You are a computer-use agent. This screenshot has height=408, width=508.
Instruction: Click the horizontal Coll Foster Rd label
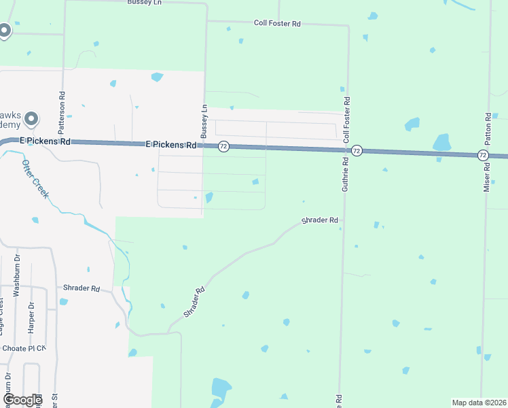point(277,23)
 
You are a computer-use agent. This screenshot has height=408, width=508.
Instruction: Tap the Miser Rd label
point(486,177)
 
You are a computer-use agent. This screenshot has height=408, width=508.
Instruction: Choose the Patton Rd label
point(488,128)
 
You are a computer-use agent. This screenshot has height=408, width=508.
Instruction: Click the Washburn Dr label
point(17,275)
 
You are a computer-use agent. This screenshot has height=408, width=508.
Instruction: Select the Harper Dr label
point(31,317)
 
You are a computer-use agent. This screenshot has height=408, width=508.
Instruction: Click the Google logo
point(22,399)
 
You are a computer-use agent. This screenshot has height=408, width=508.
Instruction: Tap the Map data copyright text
point(478,402)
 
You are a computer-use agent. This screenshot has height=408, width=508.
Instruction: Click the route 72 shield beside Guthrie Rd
point(357,150)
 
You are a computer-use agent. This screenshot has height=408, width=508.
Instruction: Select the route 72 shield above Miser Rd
point(482,155)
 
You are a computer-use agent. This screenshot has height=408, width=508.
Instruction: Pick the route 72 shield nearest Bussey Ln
point(224,146)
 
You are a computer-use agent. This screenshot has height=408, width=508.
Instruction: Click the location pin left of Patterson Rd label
point(31,120)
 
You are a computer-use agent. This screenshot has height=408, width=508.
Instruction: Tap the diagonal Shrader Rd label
point(194,303)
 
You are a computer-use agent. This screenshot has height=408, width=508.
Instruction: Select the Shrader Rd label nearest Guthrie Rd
point(320,220)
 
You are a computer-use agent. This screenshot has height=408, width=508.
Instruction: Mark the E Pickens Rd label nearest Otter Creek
point(46,141)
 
